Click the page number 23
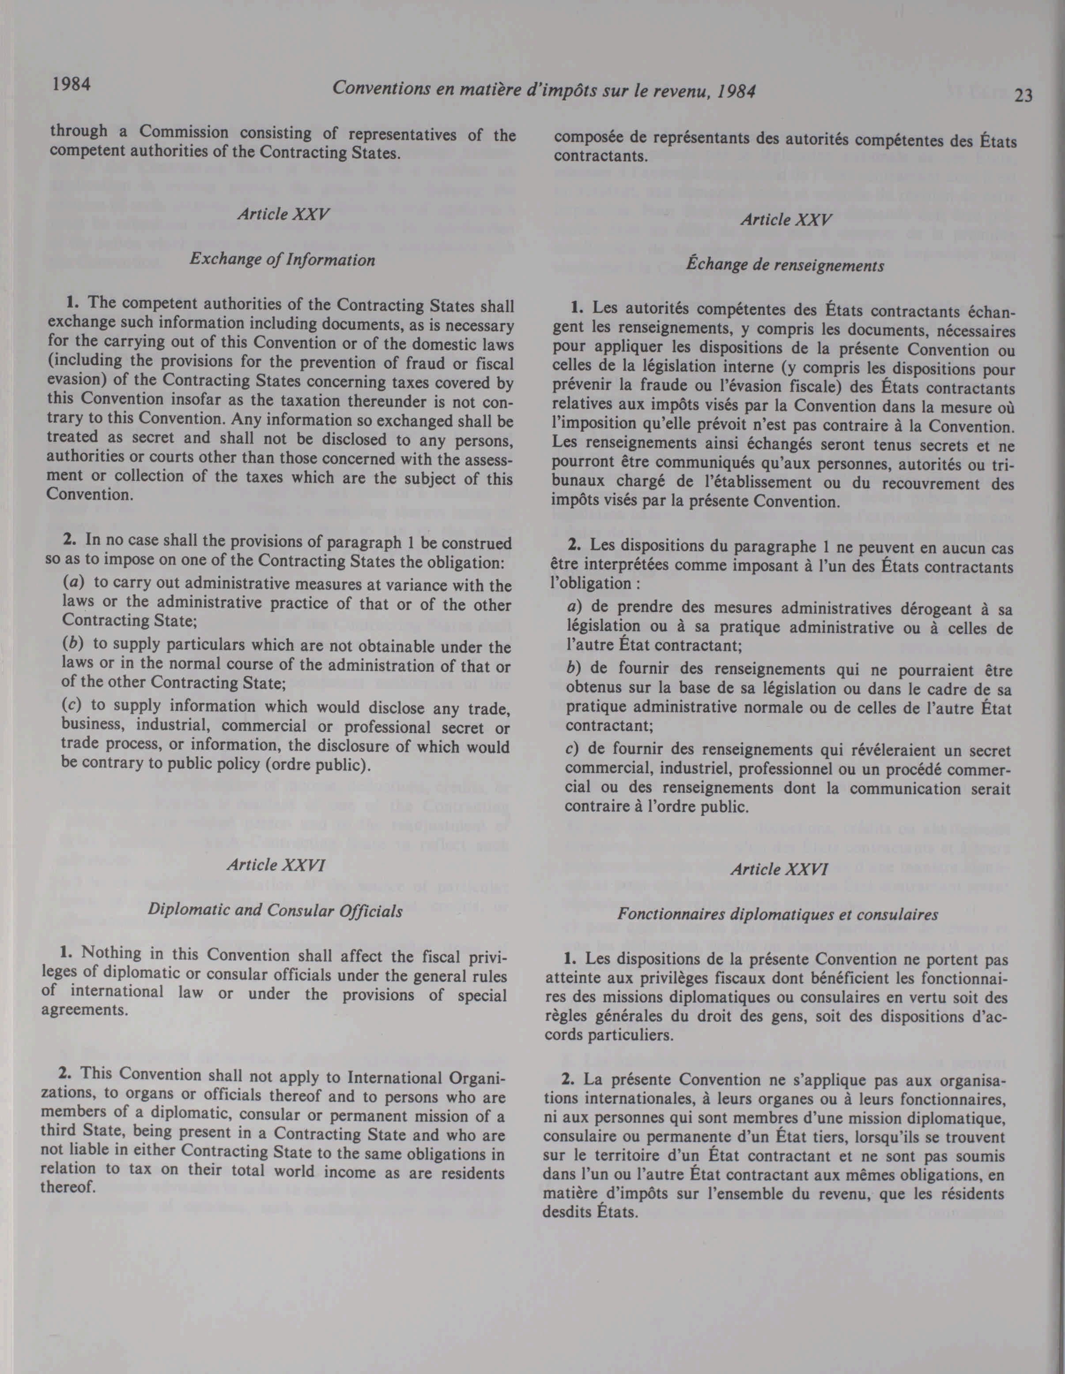click(1023, 96)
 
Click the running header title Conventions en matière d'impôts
click(544, 90)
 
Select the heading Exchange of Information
click(283, 259)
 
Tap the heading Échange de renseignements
click(785, 265)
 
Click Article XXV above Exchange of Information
click(283, 213)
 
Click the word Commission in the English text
click(184, 132)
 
